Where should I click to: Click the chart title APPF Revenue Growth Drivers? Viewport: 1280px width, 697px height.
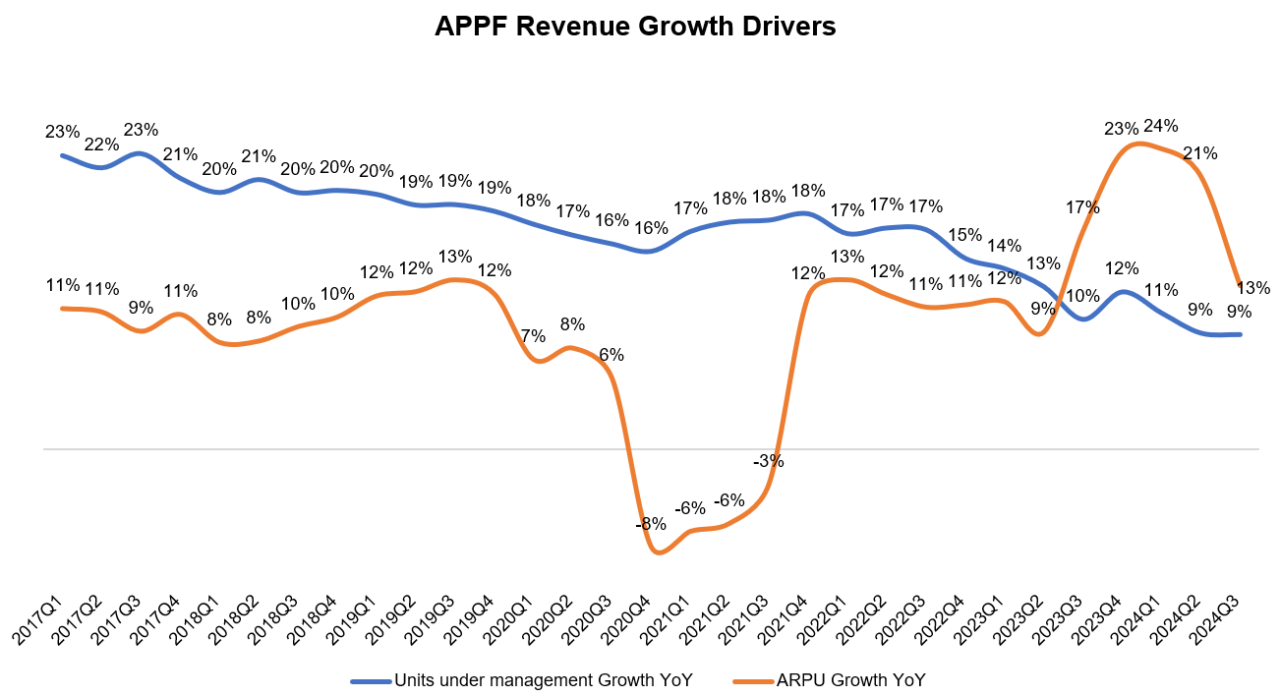coord(635,27)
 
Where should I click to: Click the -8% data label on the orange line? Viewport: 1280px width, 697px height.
coord(651,524)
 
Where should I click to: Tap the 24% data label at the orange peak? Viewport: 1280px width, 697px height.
coord(1161,126)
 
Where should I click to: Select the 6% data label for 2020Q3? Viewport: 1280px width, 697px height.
coord(611,355)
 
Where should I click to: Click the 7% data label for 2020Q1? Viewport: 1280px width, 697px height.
coord(533,335)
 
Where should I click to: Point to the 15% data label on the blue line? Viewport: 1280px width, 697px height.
coord(964,235)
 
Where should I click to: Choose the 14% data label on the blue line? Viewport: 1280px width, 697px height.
coord(1004,246)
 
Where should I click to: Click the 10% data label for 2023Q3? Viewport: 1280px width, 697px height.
coord(1082,296)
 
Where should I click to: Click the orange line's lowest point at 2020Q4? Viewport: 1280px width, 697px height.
coord(657,552)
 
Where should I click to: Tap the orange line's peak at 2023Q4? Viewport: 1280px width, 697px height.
coord(1136,144)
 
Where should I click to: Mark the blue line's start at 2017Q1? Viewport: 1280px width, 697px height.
coord(63,155)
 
